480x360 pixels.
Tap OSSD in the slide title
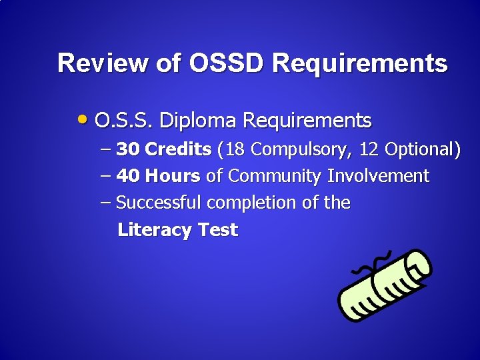pyautogui.click(x=227, y=63)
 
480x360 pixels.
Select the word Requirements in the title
pyautogui.click(x=360, y=64)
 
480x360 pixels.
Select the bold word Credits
pyautogui.click(x=178, y=149)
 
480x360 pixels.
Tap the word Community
pyautogui.click(x=275, y=177)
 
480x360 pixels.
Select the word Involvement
pyautogui.click(x=378, y=176)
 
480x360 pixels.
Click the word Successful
pyautogui.click(x=159, y=203)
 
